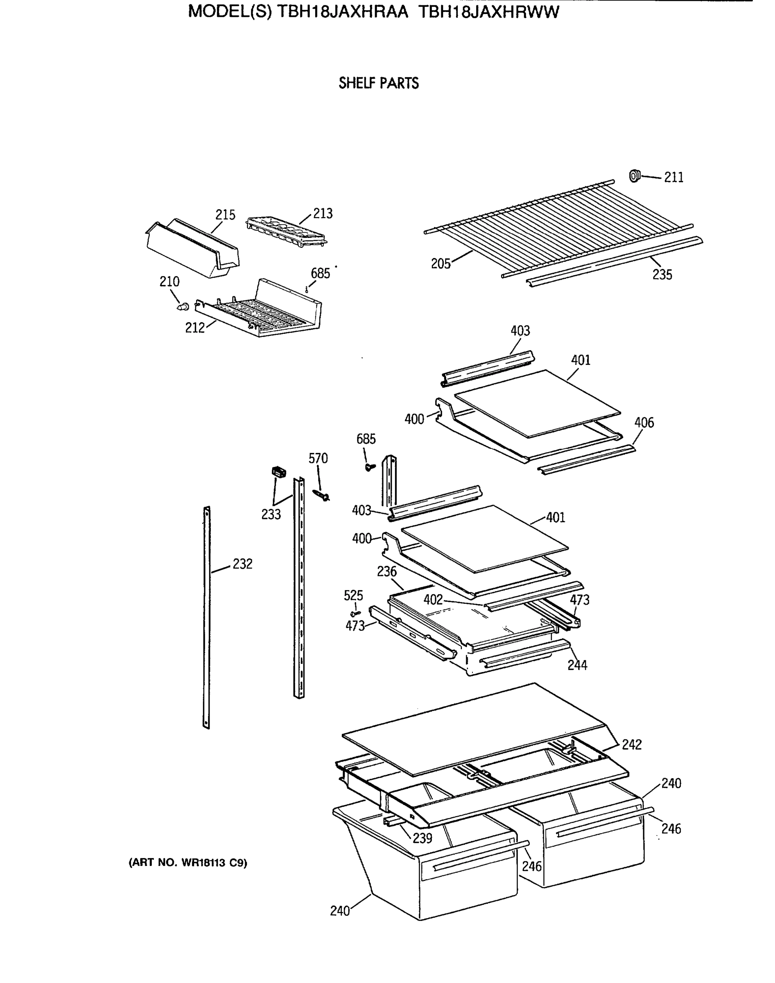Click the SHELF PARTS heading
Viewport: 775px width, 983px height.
click(378, 84)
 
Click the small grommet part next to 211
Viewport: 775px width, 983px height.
click(634, 175)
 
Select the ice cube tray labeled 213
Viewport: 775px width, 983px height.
click(286, 231)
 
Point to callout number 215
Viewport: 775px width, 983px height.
click(225, 215)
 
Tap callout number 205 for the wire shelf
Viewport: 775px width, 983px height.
click(441, 264)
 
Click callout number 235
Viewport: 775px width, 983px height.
click(662, 274)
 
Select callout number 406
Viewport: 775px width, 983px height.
click(644, 423)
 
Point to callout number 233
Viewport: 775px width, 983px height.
click(271, 514)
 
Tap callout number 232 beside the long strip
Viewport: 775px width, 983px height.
click(242, 564)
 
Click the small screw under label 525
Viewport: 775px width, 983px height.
click(356, 613)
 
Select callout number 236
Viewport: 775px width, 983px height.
click(386, 572)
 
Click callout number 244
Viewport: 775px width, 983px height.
click(577, 665)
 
